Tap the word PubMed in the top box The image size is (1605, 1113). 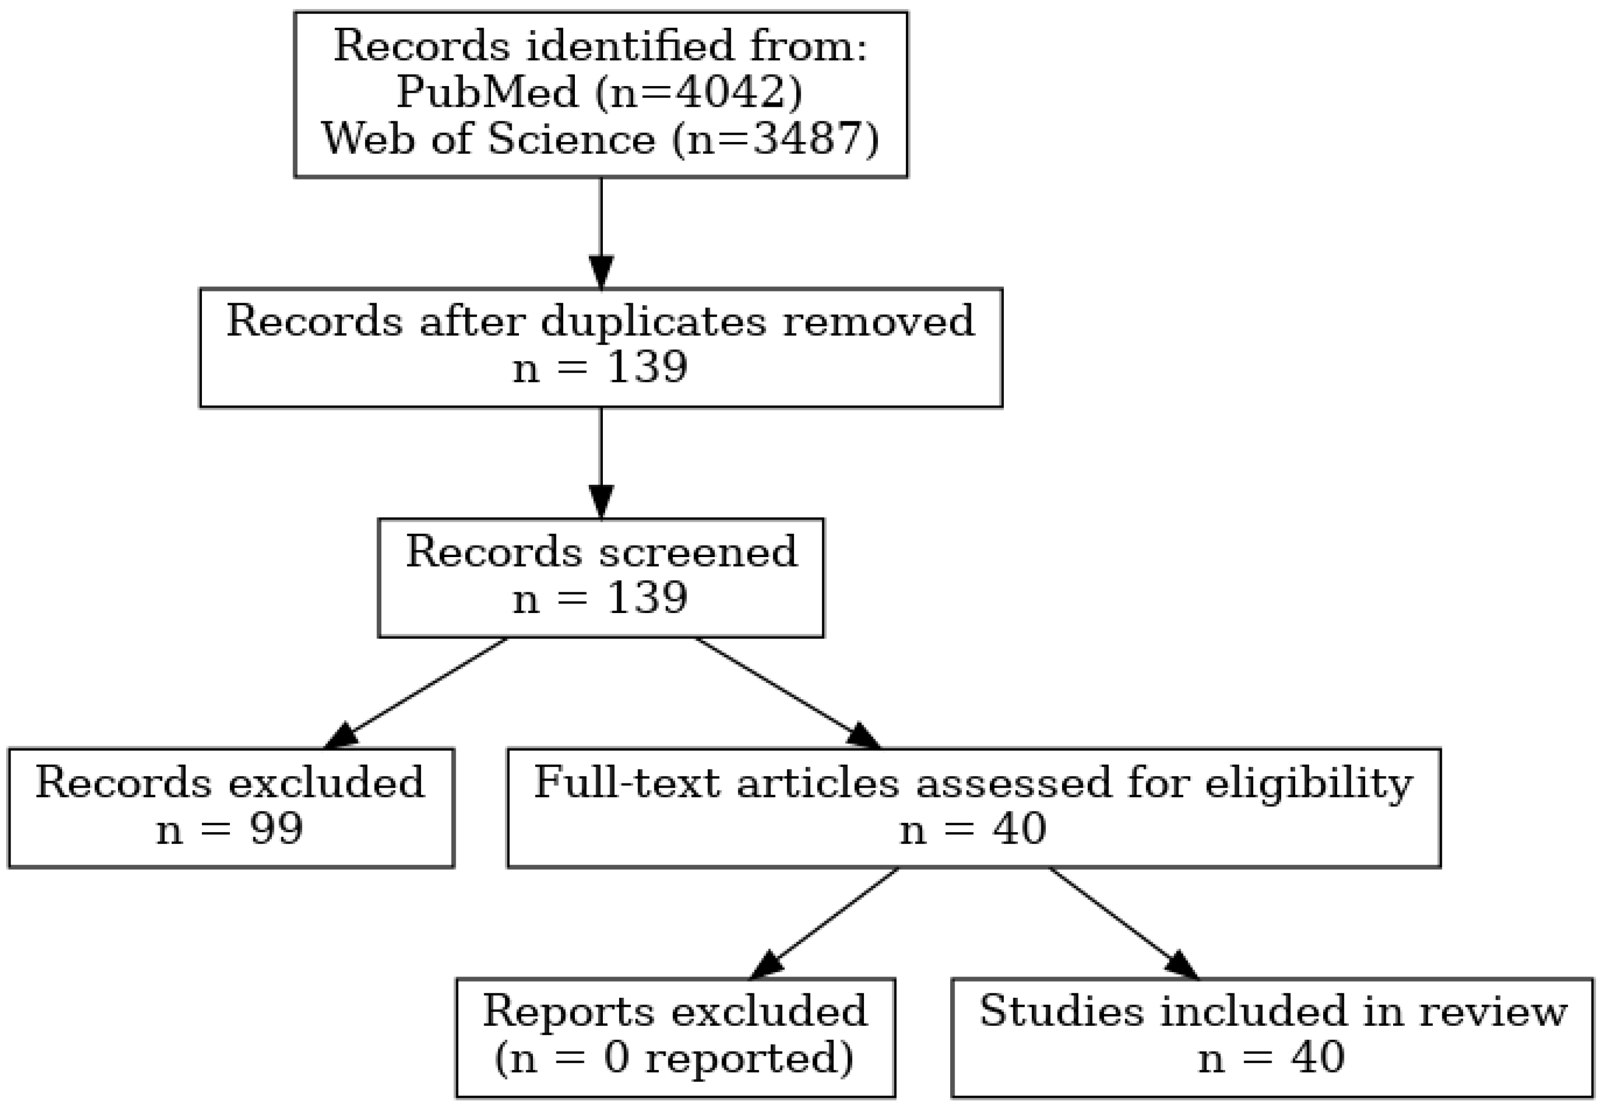point(487,92)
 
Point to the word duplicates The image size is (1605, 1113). point(653,322)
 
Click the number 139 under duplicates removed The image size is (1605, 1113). point(647,367)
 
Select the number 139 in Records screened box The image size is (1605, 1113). point(647,598)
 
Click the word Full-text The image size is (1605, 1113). point(627,782)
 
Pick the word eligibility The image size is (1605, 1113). point(1309,782)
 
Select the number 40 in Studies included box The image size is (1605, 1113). point(1317,1057)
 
